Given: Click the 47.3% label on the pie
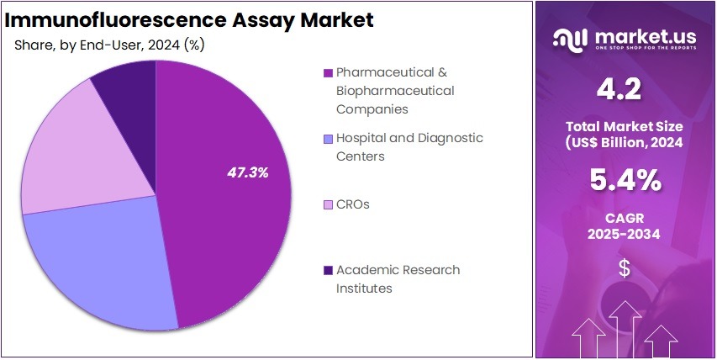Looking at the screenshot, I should coord(248,172).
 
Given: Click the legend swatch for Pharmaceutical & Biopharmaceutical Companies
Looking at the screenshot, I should coord(328,72).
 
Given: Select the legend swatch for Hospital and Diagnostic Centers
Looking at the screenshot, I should coord(328,138).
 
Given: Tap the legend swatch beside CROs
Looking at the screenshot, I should coord(328,204).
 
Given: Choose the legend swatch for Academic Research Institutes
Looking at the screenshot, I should coord(328,270).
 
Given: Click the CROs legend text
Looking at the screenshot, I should coord(352,204).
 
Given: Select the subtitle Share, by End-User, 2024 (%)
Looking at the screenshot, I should coord(109,45).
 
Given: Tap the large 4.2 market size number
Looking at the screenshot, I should coord(624,89).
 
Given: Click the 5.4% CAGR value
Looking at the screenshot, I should coord(624,179).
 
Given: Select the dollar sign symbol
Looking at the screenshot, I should coord(624,269).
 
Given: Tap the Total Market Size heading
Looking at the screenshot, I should coord(624,127).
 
